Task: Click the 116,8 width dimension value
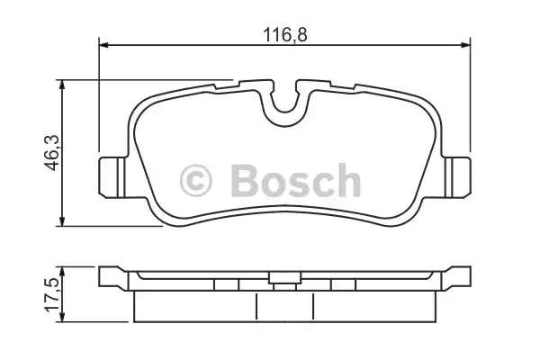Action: point(284,35)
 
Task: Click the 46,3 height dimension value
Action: point(51,153)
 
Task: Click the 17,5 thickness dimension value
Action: point(52,295)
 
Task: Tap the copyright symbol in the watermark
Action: point(196,181)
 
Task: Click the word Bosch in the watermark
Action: point(296,180)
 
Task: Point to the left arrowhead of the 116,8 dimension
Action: point(103,45)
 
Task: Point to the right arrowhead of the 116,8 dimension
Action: point(465,45)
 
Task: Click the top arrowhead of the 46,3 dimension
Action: point(61,85)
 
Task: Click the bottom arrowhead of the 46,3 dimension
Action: point(61,221)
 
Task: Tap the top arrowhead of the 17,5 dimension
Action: point(61,271)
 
